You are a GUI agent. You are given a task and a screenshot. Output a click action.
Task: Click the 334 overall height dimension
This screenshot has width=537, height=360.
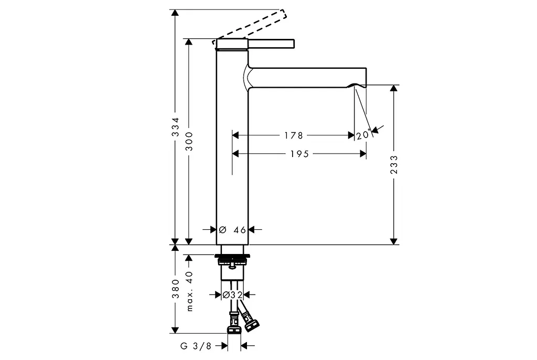pyautogui.click(x=175, y=127)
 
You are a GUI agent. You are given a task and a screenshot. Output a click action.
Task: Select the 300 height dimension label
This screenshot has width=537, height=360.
pyautogui.click(x=189, y=141)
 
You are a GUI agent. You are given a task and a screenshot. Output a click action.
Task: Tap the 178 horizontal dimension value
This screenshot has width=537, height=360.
pyautogui.click(x=294, y=135)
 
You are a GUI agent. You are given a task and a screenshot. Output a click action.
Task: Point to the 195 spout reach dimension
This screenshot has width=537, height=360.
pyautogui.click(x=299, y=154)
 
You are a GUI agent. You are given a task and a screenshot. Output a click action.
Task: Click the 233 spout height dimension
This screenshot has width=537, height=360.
pyautogui.click(x=394, y=165)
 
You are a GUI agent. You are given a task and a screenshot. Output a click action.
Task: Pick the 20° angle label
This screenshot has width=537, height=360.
pyautogui.click(x=364, y=135)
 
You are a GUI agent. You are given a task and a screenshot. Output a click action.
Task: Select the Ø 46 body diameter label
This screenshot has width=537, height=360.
pyautogui.click(x=232, y=230)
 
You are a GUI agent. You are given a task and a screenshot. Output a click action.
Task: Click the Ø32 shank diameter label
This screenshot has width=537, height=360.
pyautogui.click(x=232, y=294)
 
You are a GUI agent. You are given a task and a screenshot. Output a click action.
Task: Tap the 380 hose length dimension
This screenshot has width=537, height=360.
pyautogui.click(x=175, y=289)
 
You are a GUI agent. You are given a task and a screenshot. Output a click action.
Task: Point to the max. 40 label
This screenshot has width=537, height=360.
pyautogui.click(x=189, y=291)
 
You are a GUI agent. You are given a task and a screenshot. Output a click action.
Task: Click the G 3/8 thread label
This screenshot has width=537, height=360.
pyautogui.click(x=196, y=346)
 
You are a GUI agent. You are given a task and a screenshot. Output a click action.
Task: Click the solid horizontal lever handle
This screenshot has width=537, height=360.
pyautogui.click(x=271, y=44)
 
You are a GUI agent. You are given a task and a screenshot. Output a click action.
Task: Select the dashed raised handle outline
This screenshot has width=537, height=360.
pyautogui.click(x=249, y=27)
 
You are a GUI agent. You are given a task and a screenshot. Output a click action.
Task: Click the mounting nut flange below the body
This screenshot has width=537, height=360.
pyautogui.click(x=232, y=256)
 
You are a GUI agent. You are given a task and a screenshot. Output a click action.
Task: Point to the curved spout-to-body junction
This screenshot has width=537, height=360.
pyautogui.click(x=248, y=78)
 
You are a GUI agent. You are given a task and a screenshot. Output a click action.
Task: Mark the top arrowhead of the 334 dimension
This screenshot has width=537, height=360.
pyautogui.click(x=175, y=13)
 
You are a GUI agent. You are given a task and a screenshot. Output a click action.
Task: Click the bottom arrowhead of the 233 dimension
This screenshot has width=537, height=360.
pyautogui.click(x=394, y=241)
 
